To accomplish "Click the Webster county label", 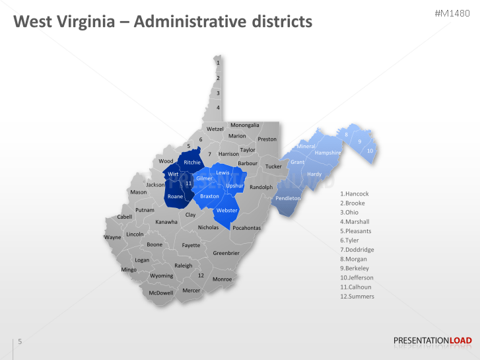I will coord(226,211).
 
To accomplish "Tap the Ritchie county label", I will coord(192,162).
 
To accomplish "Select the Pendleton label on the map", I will coord(288,198).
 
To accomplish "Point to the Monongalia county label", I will coord(245,125).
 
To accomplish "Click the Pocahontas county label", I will coord(247,228).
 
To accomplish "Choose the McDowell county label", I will coord(160,293).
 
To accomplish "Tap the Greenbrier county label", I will coord(226,253).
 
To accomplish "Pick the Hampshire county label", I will coord(327,153).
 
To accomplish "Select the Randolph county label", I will coord(261,187).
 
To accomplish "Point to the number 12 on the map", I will coord(201,275).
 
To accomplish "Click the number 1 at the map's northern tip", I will coord(218,63).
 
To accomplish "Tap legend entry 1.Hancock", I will coord(354,194).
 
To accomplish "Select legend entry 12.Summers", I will coord(357,297).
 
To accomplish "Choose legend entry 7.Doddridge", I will coord(357,250).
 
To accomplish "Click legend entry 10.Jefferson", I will coord(357,278).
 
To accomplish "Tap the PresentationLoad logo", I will coord(432,341).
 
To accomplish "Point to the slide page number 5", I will coord(20,342).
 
